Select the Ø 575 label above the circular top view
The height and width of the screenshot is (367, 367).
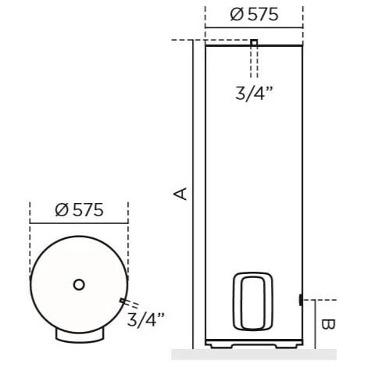click(x=77, y=210)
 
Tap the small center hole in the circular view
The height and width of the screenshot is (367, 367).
click(x=78, y=284)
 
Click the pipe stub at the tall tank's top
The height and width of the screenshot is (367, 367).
click(x=254, y=44)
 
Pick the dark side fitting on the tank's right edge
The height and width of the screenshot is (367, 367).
click(x=301, y=299)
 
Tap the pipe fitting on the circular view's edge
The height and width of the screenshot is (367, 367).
click(x=120, y=301)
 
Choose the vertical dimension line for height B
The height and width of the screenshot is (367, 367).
click(x=315, y=323)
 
